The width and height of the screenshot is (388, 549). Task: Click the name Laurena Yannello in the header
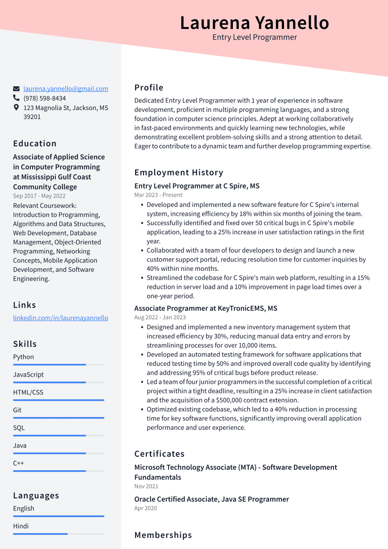(x=254, y=22)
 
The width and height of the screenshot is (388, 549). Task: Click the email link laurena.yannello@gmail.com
(x=66, y=89)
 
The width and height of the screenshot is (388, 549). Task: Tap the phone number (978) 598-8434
(x=45, y=98)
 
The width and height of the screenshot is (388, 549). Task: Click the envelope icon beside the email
(x=16, y=89)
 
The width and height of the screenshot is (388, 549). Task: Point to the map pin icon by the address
(x=16, y=108)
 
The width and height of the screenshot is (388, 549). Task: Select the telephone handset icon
(x=16, y=98)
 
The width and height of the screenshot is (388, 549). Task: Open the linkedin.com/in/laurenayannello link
(x=61, y=318)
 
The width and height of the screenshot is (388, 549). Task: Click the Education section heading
(x=35, y=144)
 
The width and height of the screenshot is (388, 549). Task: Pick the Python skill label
(x=23, y=357)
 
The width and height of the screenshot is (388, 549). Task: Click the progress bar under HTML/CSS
(x=59, y=400)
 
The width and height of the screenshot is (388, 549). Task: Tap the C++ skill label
(x=19, y=463)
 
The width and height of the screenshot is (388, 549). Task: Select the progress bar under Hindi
(x=59, y=534)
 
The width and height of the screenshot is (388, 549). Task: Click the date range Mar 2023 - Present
(x=158, y=195)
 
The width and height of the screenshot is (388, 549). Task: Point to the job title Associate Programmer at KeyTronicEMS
(x=205, y=309)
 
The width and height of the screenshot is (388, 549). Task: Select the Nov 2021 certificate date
(x=146, y=486)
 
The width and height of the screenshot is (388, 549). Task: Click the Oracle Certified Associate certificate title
(x=211, y=499)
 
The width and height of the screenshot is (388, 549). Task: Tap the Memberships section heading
(x=163, y=535)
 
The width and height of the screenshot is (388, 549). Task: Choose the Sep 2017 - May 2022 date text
(x=39, y=196)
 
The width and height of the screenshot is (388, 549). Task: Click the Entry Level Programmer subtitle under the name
(x=254, y=37)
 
